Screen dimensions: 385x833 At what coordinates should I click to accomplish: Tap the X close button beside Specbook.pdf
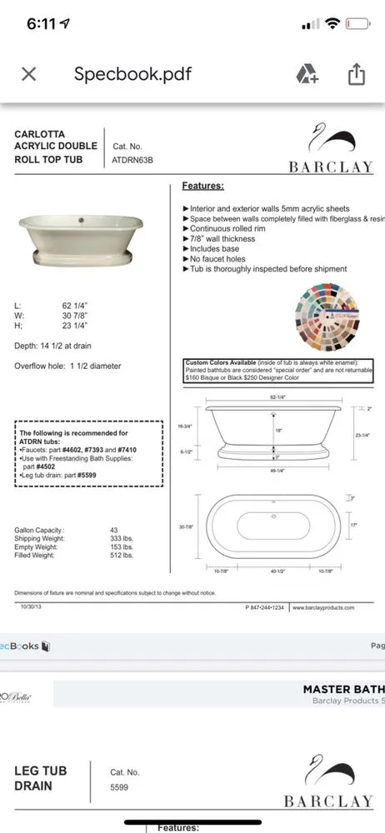pyautogui.click(x=28, y=74)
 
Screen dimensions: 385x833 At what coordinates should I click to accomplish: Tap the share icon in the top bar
pyautogui.click(x=356, y=74)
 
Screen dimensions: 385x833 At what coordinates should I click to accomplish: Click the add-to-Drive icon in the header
pyautogui.click(x=307, y=74)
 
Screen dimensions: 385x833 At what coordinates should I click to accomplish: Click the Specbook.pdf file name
pyautogui.click(x=132, y=74)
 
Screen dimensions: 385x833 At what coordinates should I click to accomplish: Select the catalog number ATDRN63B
pyautogui.click(x=132, y=159)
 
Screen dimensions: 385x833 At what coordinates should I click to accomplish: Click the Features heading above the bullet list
pyautogui.click(x=202, y=186)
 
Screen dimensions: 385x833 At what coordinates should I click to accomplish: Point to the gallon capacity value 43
pyautogui.click(x=114, y=530)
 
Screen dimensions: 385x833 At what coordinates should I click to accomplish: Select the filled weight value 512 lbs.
pyautogui.click(x=122, y=555)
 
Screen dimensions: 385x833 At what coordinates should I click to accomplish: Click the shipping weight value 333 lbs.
pyautogui.click(x=122, y=538)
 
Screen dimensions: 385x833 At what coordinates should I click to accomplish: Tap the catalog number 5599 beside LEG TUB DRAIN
pyautogui.click(x=120, y=786)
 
